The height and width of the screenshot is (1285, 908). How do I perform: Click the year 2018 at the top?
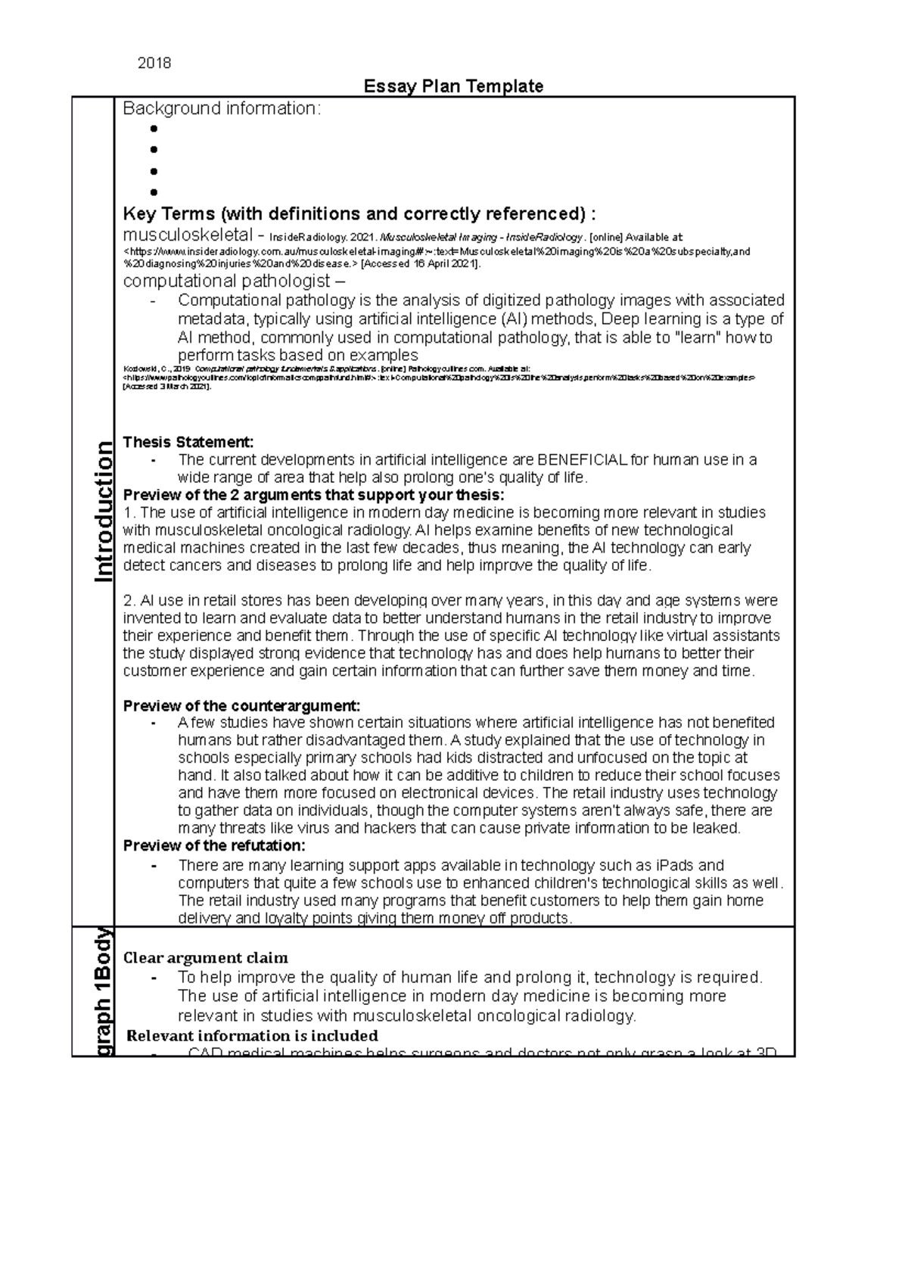point(154,64)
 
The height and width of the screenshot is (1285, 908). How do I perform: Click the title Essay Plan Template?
point(453,86)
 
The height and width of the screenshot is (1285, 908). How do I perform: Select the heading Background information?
point(222,109)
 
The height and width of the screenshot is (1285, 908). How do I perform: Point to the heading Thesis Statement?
point(188,442)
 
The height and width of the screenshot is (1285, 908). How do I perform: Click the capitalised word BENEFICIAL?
point(582,460)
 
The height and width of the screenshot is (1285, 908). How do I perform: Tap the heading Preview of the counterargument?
point(241,705)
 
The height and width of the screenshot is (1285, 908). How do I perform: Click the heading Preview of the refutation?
point(214,845)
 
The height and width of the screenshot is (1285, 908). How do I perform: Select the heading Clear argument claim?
point(205,958)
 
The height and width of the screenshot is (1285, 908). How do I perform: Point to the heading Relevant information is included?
point(252,1035)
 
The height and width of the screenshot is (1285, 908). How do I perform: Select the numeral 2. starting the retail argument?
point(129,601)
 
